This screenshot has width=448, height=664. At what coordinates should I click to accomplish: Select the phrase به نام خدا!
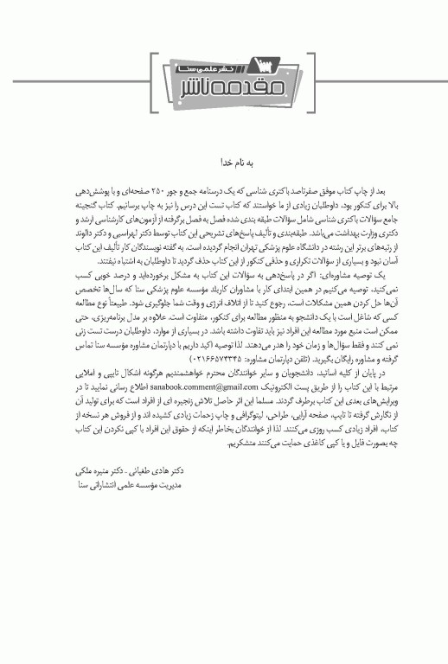click(223, 161)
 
